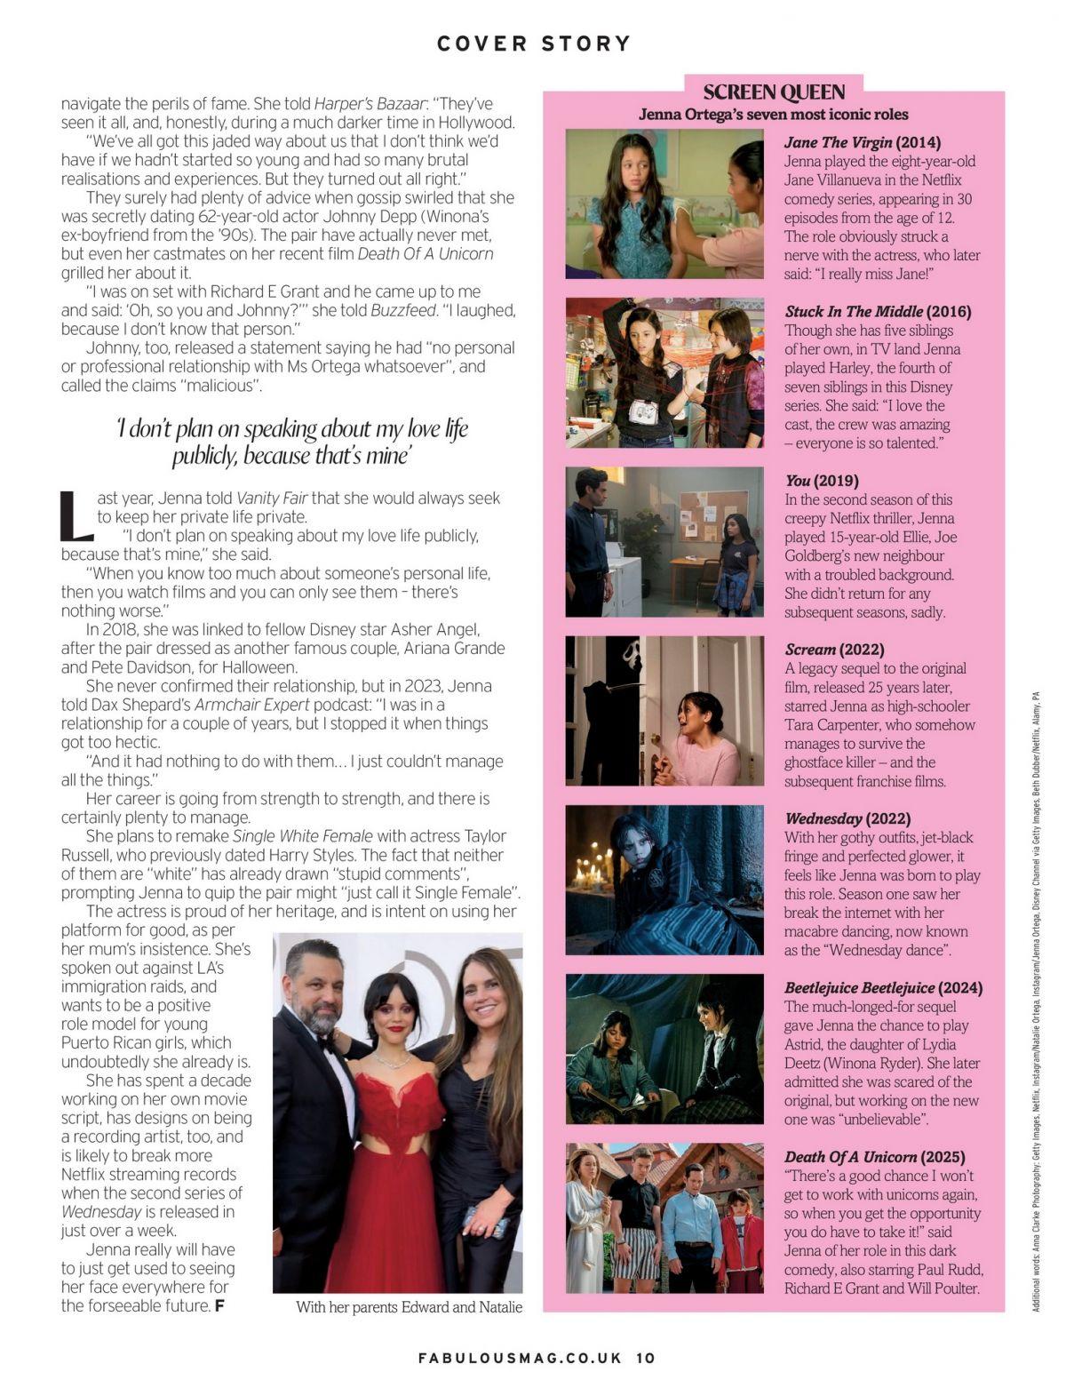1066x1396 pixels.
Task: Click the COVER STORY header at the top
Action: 533,43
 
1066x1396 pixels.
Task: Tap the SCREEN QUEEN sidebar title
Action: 774,92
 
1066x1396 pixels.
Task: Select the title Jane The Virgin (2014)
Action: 863,142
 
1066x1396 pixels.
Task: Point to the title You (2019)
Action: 822,481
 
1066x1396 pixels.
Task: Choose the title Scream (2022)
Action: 834,650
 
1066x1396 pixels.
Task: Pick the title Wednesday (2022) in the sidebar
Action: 847,818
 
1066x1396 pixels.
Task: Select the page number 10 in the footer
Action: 645,1358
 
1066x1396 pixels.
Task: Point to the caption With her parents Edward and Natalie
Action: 409,1306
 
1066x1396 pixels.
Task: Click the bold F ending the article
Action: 219,1305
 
